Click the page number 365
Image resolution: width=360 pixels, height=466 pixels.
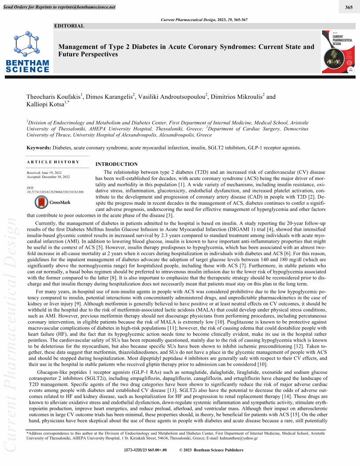(x=349, y=7)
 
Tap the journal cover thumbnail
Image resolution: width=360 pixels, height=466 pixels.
(x=337, y=52)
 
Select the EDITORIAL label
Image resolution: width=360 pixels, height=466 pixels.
(x=69, y=26)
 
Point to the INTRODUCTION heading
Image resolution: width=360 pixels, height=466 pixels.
(x=116, y=164)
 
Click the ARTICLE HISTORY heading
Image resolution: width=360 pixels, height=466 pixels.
(x=53, y=162)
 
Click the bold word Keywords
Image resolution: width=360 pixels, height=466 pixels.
(x=38, y=148)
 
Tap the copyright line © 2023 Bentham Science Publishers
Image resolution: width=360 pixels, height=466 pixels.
(x=211, y=450)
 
